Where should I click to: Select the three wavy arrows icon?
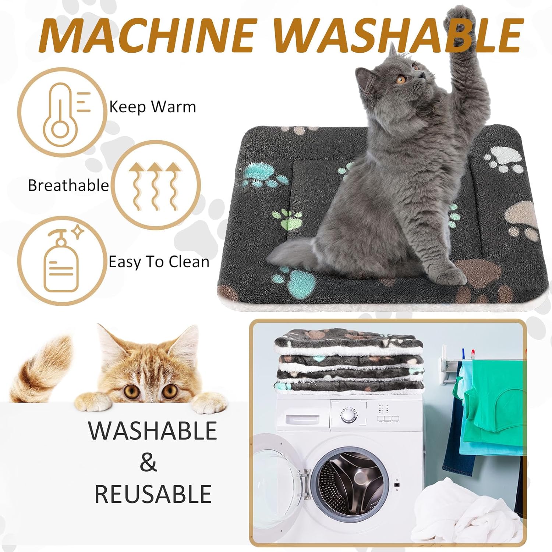[155, 186]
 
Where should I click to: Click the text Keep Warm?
[153, 107]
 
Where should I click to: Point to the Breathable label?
[69, 185]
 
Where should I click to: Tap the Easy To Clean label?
[159, 262]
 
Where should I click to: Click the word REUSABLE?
[153, 494]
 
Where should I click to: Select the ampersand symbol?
[148, 462]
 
